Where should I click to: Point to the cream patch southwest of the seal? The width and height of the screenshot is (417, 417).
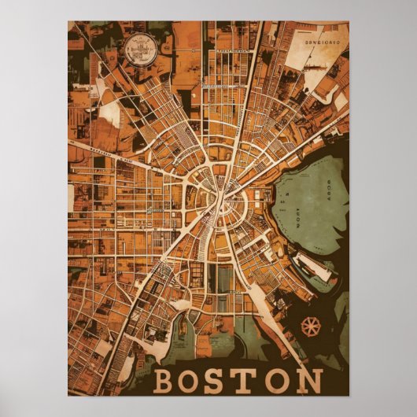click(111, 114)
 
